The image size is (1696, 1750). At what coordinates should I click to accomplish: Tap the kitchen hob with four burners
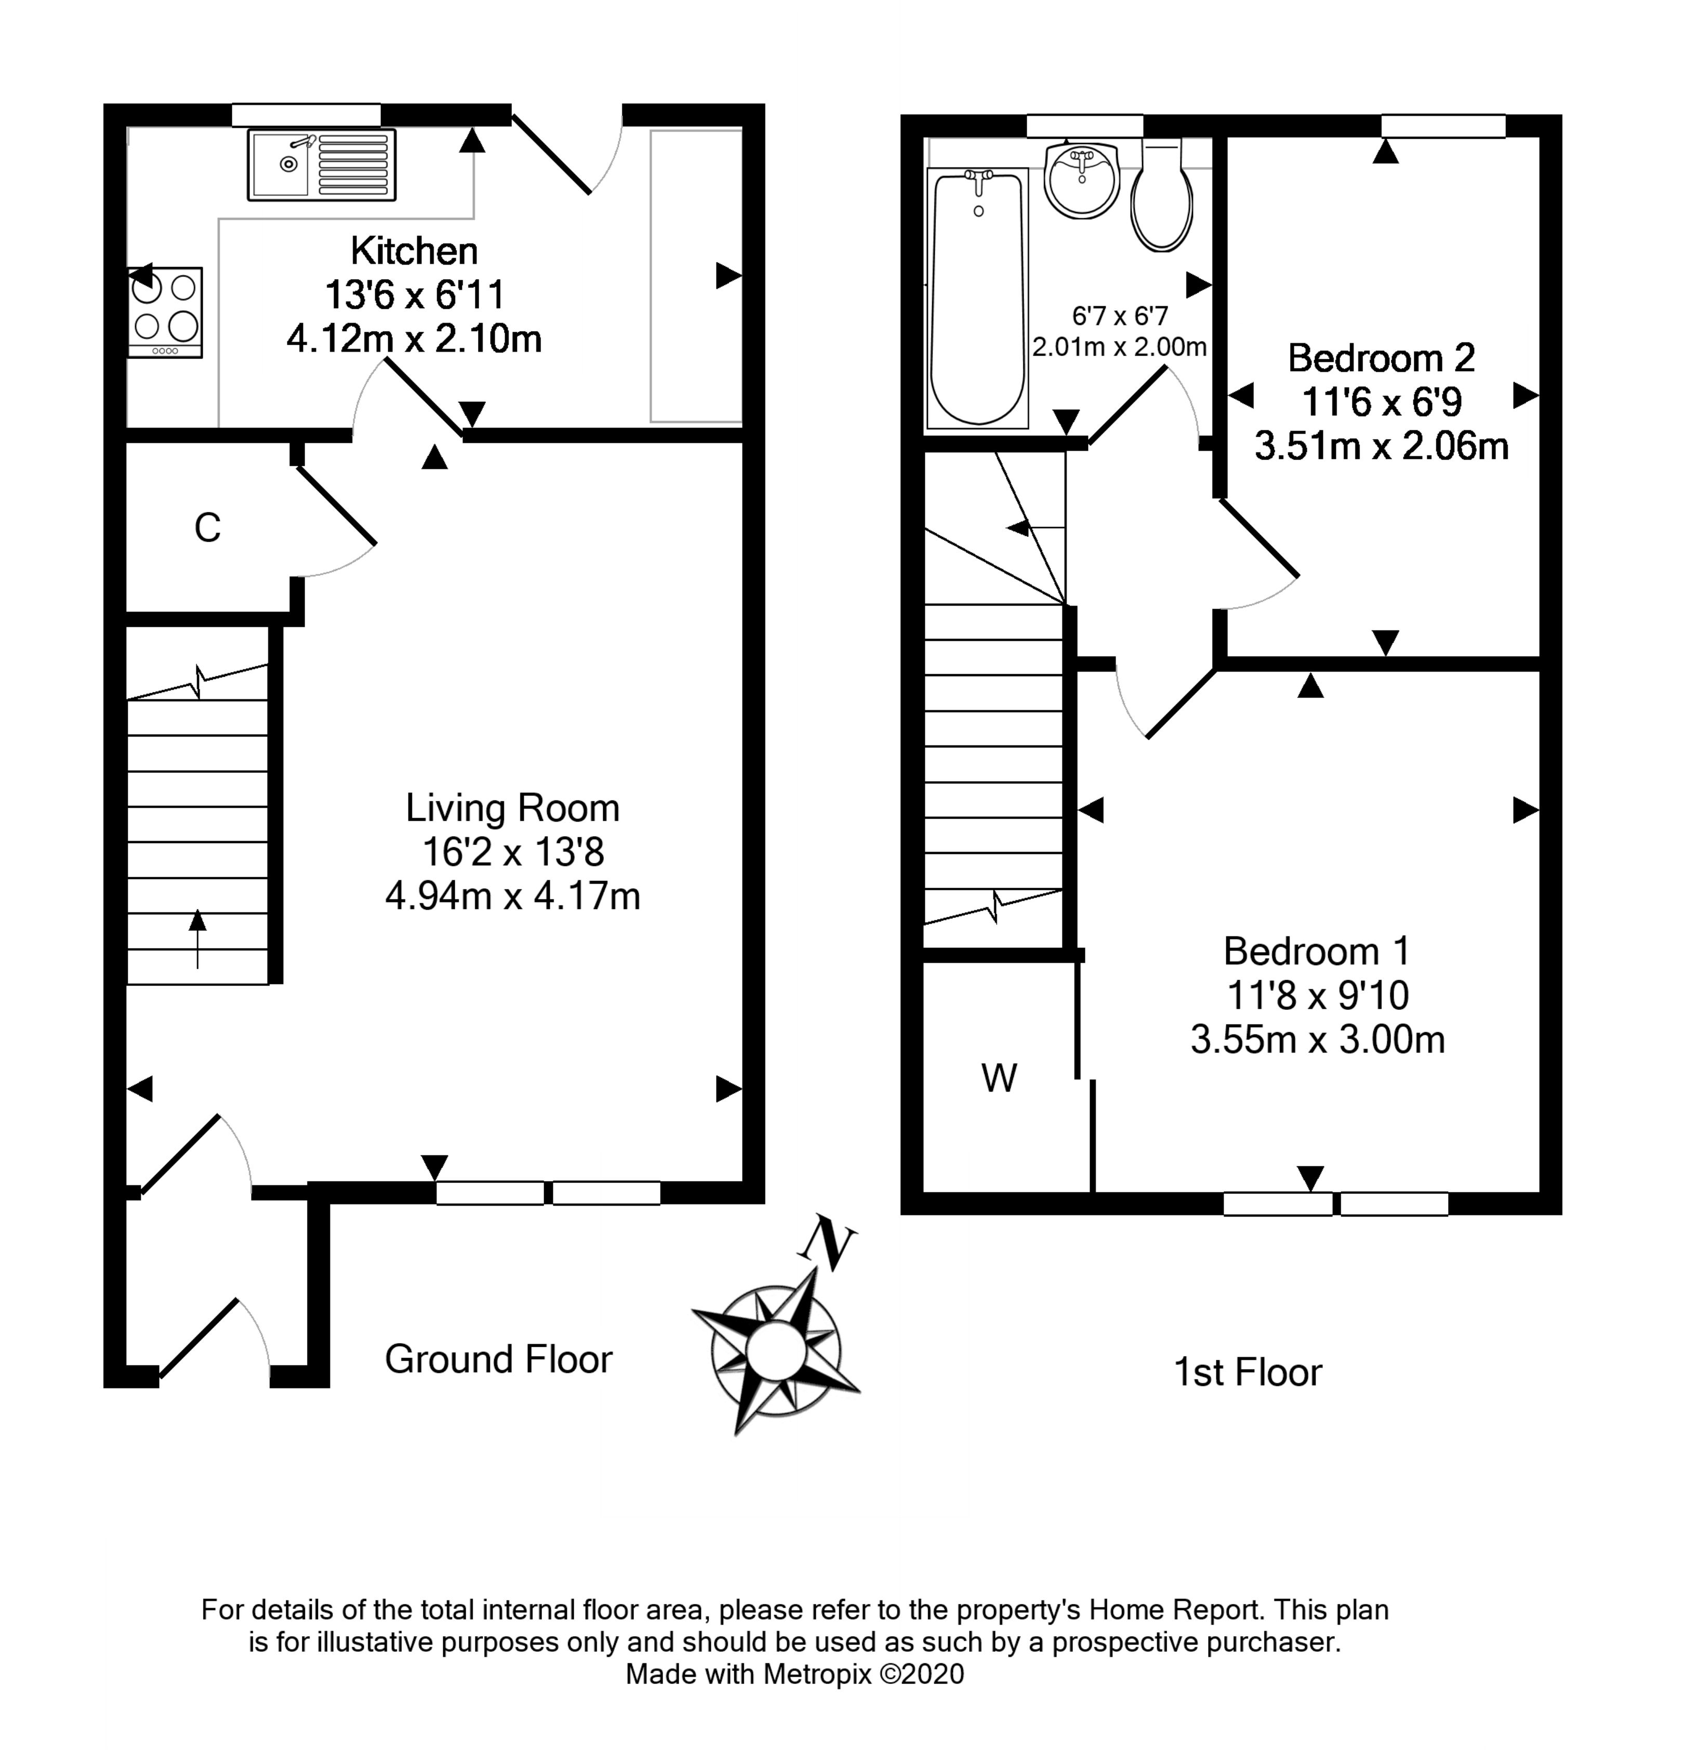(x=165, y=312)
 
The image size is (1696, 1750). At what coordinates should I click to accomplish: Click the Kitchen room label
(x=413, y=251)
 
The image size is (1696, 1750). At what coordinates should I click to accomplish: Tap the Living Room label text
(x=512, y=808)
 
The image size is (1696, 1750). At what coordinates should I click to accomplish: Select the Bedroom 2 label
(x=1381, y=358)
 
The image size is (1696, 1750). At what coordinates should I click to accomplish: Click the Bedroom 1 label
(x=1317, y=951)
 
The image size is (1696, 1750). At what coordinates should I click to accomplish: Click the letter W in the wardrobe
(x=999, y=1078)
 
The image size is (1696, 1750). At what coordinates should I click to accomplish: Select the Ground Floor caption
(x=498, y=1359)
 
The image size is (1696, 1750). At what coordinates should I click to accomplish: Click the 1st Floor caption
(x=1247, y=1372)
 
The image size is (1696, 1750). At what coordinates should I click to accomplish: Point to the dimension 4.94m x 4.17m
(x=512, y=896)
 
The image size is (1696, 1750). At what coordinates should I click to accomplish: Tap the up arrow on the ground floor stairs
(x=197, y=938)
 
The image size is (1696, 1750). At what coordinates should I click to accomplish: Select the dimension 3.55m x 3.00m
(x=1317, y=1040)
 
